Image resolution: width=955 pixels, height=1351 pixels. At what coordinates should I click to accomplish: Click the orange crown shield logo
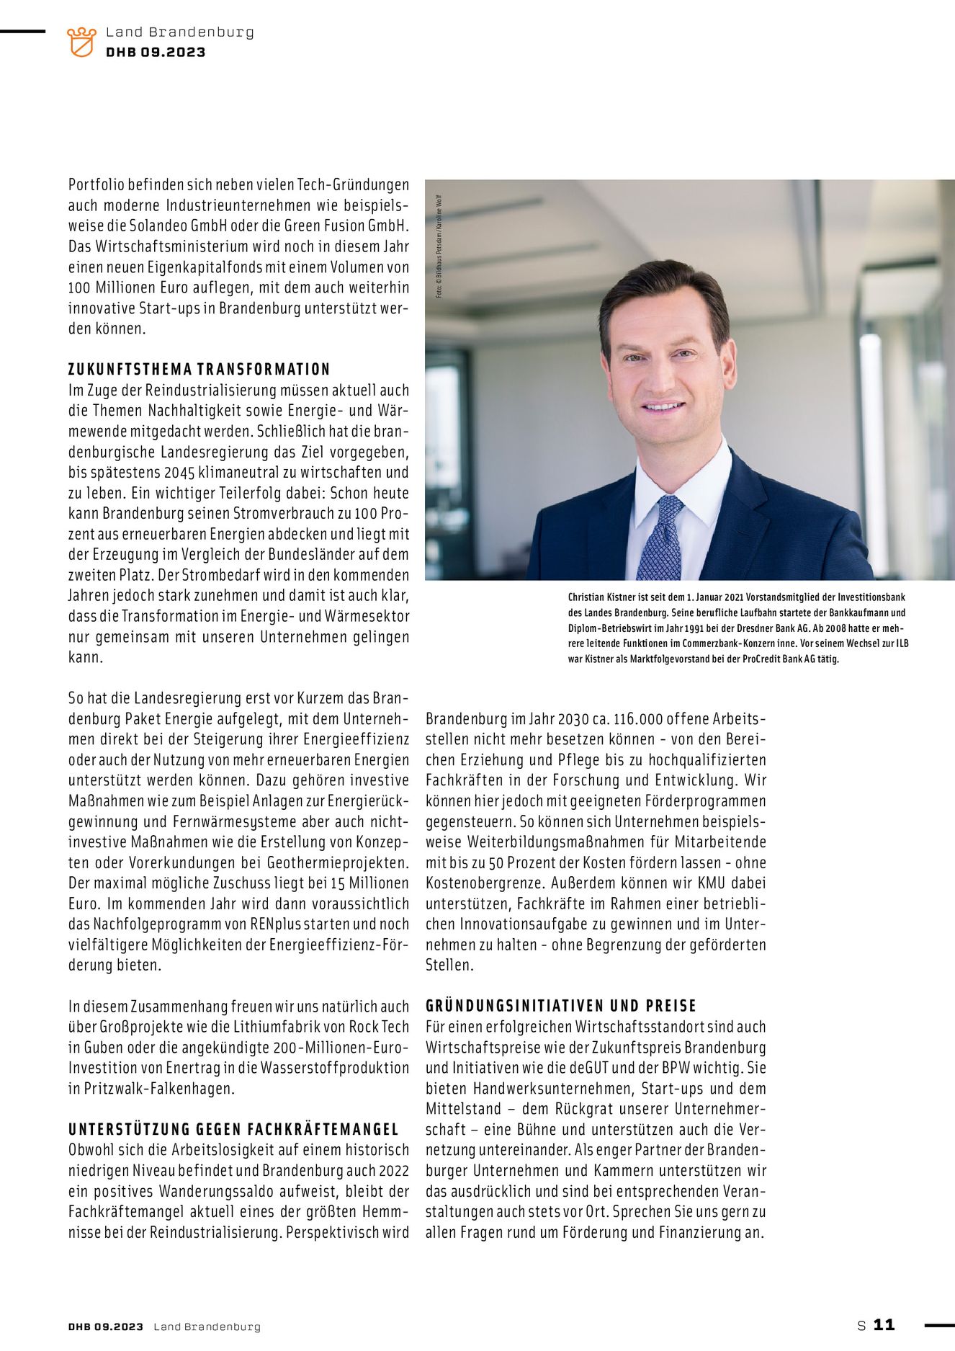(81, 42)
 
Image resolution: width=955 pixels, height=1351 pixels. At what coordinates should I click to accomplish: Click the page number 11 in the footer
(884, 1324)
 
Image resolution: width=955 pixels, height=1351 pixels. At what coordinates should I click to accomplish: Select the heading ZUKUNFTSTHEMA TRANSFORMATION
(199, 370)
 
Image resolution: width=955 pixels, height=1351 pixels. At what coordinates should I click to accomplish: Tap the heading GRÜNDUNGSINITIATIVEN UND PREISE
(561, 1006)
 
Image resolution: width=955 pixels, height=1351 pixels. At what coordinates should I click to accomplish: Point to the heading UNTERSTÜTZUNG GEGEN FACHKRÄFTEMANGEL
(233, 1129)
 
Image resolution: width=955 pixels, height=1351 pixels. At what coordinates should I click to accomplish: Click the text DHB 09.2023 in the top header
(156, 52)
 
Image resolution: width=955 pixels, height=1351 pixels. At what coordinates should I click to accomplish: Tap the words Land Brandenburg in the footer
(207, 1327)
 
